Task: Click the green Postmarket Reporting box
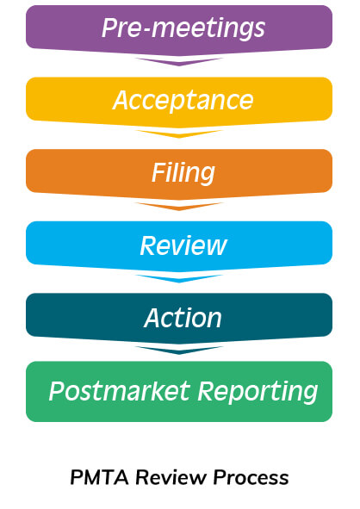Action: pos(179,392)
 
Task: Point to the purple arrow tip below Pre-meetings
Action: pos(179,65)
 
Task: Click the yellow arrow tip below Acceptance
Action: pos(179,138)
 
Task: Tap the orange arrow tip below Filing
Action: pos(179,209)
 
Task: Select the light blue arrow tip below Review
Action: pos(179,282)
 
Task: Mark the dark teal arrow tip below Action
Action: pos(179,353)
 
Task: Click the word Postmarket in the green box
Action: pos(120,391)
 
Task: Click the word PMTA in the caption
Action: pos(99,477)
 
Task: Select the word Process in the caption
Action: pos(251,477)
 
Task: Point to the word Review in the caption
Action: pos(171,477)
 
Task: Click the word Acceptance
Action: pos(183,101)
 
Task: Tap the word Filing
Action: pos(183,173)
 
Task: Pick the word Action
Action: pos(183,318)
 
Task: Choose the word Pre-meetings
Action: pos(183,28)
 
